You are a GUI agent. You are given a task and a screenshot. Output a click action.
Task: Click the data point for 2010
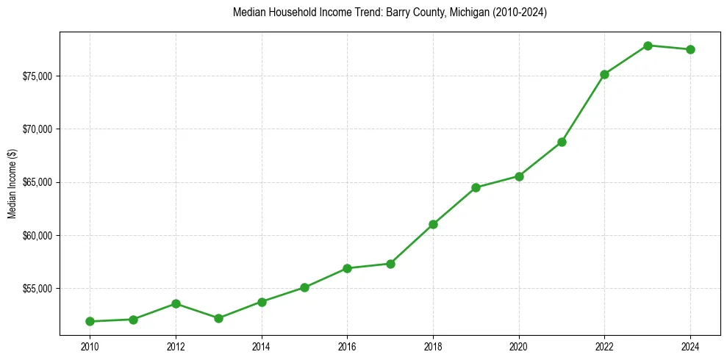[90, 321]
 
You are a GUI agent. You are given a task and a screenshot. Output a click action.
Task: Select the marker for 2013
[218, 318]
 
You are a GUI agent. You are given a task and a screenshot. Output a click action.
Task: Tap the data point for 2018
[433, 224]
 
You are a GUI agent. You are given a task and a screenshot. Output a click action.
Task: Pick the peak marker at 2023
[648, 46]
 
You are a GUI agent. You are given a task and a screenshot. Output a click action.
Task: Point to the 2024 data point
[690, 49]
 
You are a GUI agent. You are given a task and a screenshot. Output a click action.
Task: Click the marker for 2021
[562, 142]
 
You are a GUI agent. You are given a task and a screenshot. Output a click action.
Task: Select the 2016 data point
[347, 268]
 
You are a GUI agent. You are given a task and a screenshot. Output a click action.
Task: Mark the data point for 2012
[176, 303]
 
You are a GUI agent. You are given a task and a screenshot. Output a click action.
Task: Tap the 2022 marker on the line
[604, 74]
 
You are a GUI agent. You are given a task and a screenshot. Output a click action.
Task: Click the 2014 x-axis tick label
[261, 345]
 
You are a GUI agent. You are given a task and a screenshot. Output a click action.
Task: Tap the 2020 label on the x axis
[519, 345]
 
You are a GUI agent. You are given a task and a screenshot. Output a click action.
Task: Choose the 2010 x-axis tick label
[90, 345]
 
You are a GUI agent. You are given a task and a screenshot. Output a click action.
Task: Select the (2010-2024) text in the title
[515, 13]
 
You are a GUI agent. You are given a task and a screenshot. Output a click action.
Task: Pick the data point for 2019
[476, 187]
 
